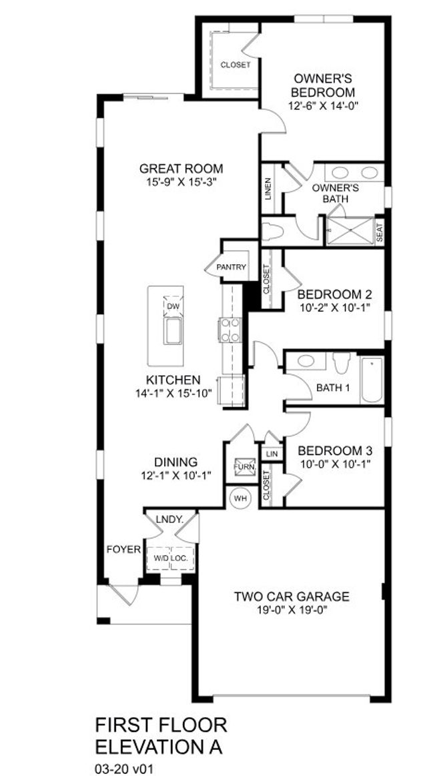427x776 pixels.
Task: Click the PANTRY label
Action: tap(231, 268)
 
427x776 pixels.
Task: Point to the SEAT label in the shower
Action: tap(379, 234)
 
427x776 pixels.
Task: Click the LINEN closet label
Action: tap(268, 189)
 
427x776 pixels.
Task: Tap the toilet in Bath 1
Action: tap(342, 362)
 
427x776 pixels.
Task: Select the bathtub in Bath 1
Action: tap(372, 380)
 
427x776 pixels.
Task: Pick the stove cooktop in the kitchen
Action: tap(230, 330)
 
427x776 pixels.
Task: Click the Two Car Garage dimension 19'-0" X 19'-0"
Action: tap(292, 610)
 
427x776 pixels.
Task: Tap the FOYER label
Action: tap(124, 549)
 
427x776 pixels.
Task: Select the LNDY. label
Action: tap(169, 518)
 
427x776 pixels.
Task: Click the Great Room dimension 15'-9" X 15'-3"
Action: tap(181, 181)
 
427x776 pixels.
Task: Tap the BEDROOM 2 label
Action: tap(334, 294)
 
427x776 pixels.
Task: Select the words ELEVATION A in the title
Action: tap(158, 746)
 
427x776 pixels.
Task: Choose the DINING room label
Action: tap(176, 462)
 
